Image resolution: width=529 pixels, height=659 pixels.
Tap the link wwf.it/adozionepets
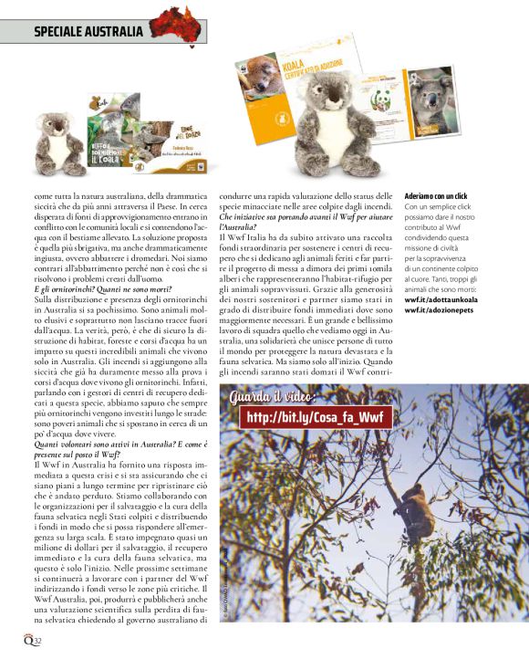coord(441,309)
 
